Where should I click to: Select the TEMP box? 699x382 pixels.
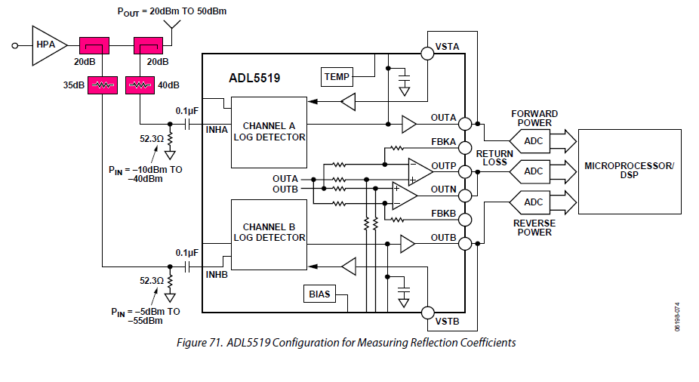coord(336,76)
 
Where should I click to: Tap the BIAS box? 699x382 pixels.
coord(319,294)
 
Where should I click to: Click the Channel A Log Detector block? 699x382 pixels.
coord(269,131)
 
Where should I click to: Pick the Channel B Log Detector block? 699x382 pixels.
coord(269,233)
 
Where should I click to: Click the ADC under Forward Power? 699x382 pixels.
coord(533,140)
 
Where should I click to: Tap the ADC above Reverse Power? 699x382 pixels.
coord(533,202)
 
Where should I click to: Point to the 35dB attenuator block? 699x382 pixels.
coord(102,85)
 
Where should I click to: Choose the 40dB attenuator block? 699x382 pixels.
coord(140,85)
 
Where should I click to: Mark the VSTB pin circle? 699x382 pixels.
coord(427,313)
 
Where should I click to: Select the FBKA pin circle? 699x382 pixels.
coord(464,147)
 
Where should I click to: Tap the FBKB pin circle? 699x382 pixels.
coord(464,220)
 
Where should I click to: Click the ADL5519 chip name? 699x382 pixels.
coord(255,78)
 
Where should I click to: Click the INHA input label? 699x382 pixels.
coord(217,130)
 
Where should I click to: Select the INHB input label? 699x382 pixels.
coord(217,276)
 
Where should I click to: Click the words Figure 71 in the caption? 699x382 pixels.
coord(198,343)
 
